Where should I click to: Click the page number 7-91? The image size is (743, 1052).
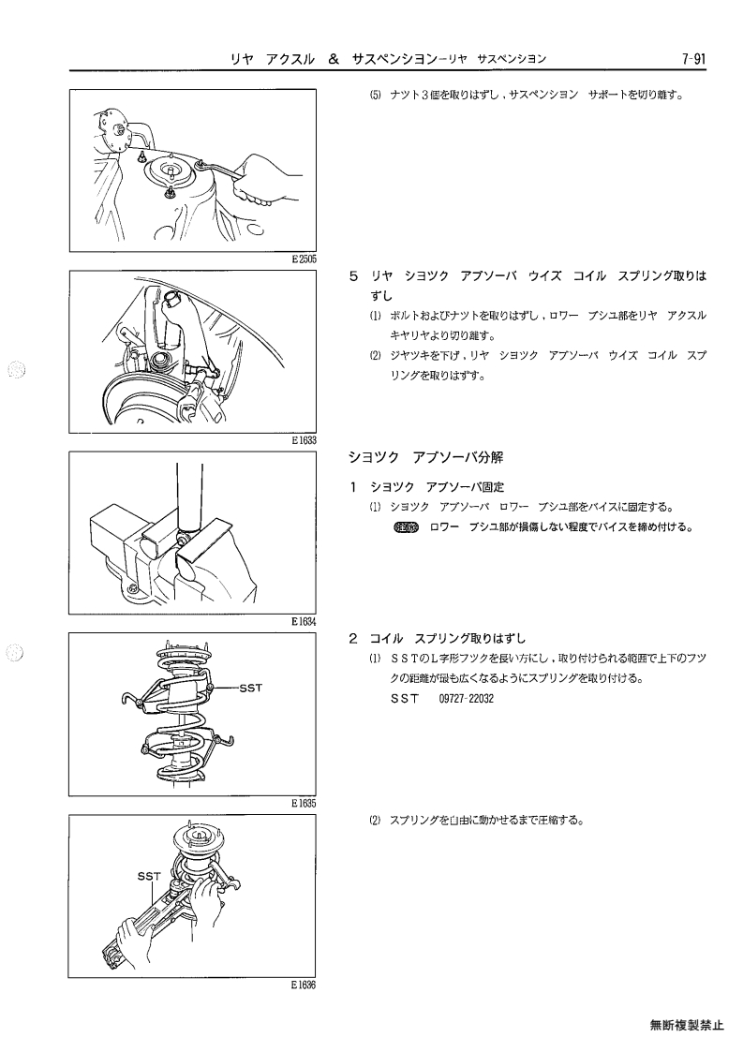693,58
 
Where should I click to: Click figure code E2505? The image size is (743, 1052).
305,259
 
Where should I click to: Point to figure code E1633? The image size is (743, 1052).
305,440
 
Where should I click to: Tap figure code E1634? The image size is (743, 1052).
305,621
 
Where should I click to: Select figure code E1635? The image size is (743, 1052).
305,803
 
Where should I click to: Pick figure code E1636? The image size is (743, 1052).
305,985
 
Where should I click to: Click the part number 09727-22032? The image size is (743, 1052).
466,699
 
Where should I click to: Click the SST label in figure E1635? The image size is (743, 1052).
250,688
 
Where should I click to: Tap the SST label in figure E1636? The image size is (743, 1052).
149,876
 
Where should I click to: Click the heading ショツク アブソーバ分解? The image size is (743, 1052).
425,457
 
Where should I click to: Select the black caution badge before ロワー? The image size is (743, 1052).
406,527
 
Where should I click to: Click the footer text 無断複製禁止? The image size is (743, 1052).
687,1025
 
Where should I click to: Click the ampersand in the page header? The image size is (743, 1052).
333,58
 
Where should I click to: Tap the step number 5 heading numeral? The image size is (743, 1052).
353,275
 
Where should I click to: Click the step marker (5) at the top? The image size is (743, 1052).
375,95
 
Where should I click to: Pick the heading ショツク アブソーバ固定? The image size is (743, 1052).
437,487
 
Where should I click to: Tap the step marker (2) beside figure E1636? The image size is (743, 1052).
375,820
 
